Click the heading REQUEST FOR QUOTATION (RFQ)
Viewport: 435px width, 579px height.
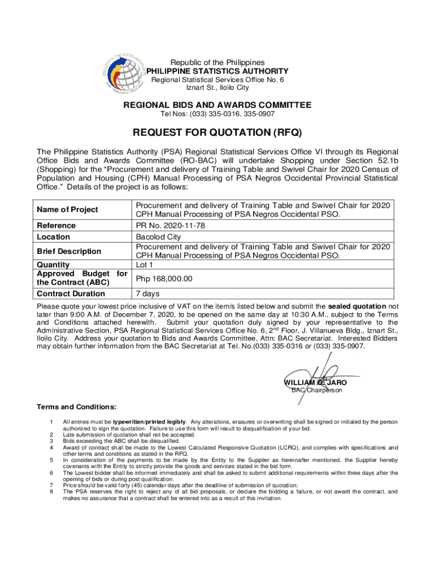pos(217,133)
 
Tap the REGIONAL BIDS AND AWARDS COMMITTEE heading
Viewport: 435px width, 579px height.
pos(217,105)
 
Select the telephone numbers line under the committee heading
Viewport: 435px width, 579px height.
pos(217,115)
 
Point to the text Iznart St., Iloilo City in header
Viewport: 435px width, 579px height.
pos(217,88)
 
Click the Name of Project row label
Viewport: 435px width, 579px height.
pos(67,210)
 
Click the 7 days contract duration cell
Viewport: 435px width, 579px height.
pos(148,293)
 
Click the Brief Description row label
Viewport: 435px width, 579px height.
pos(69,251)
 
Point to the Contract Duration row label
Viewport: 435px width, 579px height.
pos(71,293)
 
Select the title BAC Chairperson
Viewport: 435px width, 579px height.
pos(316,391)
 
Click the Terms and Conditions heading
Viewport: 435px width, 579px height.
pos(77,407)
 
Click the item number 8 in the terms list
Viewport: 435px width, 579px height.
pos(51,491)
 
